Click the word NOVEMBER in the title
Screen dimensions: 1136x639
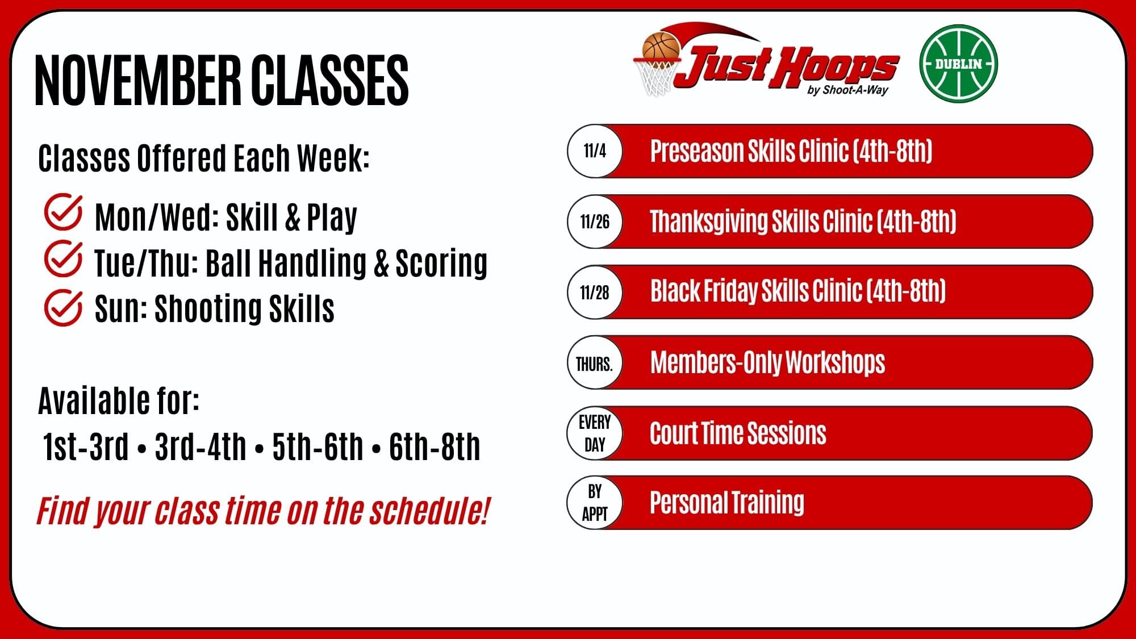pyautogui.click(x=138, y=80)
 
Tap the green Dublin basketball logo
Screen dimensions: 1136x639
pyautogui.click(x=958, y=64)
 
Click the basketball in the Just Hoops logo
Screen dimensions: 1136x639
pyautogui.click(x=661, y=45)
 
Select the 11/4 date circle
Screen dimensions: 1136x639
pyautogui.click(x=595, y=151)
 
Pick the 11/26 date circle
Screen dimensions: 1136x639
pyautogui.click(x=595, y=222)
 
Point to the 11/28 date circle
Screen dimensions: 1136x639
pyautogui.click(x=595, y=292)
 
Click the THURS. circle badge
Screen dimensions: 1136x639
pyautogui.click(x=595, y=362)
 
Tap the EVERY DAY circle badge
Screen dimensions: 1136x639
pyautogui.click(x=595, y=433)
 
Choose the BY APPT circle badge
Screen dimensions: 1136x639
pyautogui.click(x=595, y=503)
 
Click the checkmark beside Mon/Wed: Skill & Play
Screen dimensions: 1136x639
pyautogui.click(x=62, y=212)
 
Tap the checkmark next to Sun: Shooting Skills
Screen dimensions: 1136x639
pyautogui.click(x=62, y=307)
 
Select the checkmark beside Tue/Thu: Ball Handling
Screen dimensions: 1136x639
pyautogui.click(x=62, y=258)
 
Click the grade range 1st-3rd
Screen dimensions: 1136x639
pyautogui.click(x=86, y=446)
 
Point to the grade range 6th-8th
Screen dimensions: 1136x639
pyautogui.click(x=435, y=446)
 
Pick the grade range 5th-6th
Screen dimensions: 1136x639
pyautogui.click(x=318, y=446)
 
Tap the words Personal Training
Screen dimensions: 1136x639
pyautogui.click(x=727, y=503)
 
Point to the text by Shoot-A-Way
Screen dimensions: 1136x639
pyautogui.click(x=847, y=90)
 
